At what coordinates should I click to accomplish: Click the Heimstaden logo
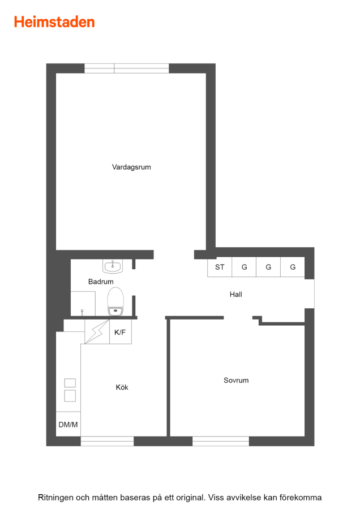point(54,22)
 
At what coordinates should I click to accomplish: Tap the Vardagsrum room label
point(131,167)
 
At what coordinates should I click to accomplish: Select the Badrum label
point(101,282)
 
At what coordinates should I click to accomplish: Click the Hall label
point(235,295)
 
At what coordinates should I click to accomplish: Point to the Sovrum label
point(236,380)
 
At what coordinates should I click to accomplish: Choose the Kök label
point(122,387)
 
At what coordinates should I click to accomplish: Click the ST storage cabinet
point(220,267)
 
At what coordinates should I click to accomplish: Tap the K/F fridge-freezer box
point(120,332)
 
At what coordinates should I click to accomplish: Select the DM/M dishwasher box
point(68,424)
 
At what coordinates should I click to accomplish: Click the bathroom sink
point(113,266)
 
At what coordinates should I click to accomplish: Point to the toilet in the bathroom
point(115,301)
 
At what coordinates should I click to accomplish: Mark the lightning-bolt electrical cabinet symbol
point(97,331)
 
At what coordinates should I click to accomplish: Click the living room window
point(127,68)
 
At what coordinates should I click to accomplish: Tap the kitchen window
point(107,441)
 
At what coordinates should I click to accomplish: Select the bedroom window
point(221,441)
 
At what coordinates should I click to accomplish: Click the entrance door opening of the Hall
point(309,294)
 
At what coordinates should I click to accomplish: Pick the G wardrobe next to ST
point(244,267)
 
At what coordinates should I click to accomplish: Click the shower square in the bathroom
point(83,304)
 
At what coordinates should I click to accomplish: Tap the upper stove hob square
point(70,383)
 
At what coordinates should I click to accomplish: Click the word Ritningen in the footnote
point(55,497)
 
